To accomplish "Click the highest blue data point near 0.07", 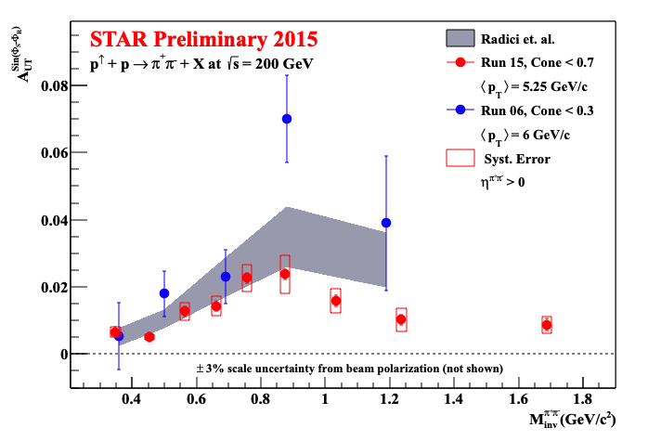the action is click(x=286, y=119).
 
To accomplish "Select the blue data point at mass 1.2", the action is click(x=386, y=223).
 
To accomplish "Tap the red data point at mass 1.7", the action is click(x=547, y=325).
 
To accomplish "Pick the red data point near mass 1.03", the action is click(x=336, y=301).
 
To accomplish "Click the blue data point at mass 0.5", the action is click(x=164, y=293).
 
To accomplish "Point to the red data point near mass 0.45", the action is click(x=149, y=337).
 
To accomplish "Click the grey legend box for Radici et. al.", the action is click(x=460, y=38).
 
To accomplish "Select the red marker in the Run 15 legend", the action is click(x=460, y=62).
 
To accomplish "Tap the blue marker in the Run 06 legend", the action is click(x=460, y=110).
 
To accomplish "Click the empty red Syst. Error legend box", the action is click(x=460, y=158).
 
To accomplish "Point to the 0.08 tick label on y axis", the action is click(x=55, y=86).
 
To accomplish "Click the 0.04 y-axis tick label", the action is click(x=55, y=220).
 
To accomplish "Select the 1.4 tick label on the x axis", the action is click(x=454, y=399).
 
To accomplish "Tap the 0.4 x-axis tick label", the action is click(x=131, y=399).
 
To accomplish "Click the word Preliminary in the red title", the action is click(x=211, y=40).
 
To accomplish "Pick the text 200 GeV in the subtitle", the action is click(x=284, y=64).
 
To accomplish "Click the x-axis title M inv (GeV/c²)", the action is click(x=573, y=419).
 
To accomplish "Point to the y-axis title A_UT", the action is click(x=21, y=55).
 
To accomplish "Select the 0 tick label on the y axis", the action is click(x=64, y=355).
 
